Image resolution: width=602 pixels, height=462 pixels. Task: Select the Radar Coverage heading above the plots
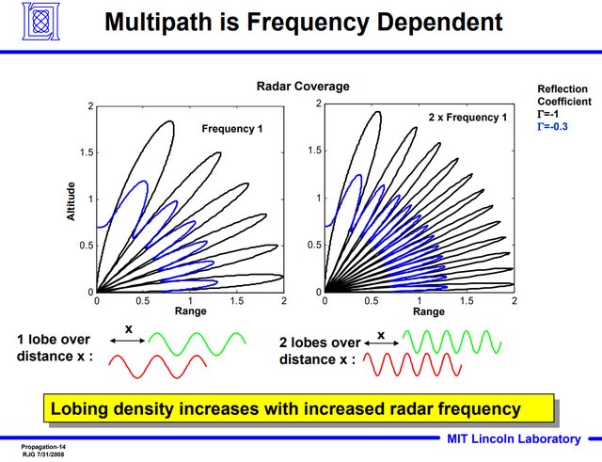click(303, 87)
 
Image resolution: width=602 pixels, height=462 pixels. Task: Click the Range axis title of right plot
click(429, 312)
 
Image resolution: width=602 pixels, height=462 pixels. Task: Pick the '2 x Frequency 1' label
click(460, 118)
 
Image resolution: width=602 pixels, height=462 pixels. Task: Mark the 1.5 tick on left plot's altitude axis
click(85, 151)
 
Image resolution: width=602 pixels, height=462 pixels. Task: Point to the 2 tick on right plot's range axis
click(514, 301)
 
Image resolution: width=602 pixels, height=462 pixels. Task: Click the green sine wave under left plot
click(198, 343)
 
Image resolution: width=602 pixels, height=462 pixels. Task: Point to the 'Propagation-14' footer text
click(44, 441)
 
